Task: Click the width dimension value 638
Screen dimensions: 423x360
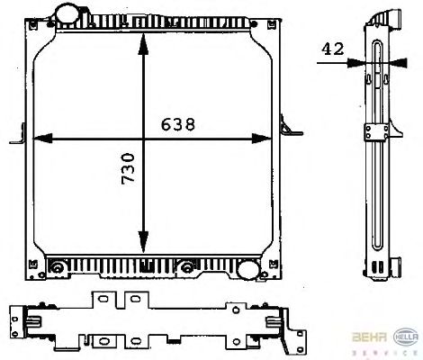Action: tap(178, 124)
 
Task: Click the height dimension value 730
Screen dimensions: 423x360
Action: tap(129, 168)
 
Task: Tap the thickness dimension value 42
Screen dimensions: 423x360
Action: tap(333, 49)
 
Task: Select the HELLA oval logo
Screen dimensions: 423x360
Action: tap(406, 337)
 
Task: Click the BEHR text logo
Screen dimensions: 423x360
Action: tap(369, 337)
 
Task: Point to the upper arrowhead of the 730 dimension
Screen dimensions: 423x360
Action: tap(143, 43)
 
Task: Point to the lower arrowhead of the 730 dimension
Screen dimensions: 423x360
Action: tap(143, 242)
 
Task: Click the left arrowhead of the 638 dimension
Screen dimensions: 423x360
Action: tap(42, 139)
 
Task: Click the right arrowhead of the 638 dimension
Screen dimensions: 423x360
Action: tap(262, 139)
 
